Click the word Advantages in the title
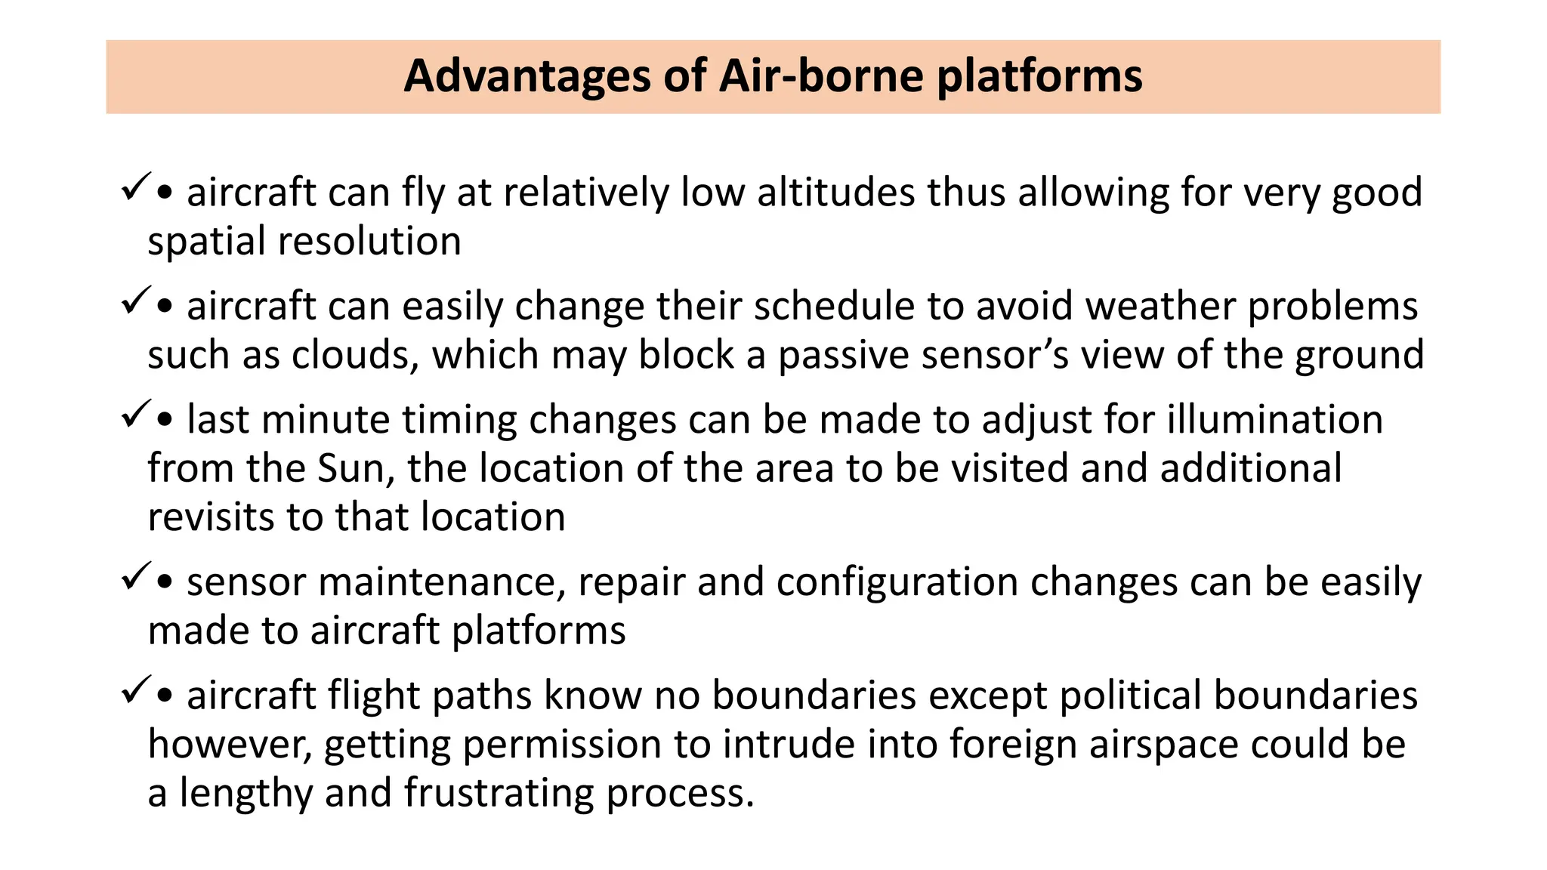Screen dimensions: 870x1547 pos(526,76)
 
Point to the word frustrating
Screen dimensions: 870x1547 pos(499,794)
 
